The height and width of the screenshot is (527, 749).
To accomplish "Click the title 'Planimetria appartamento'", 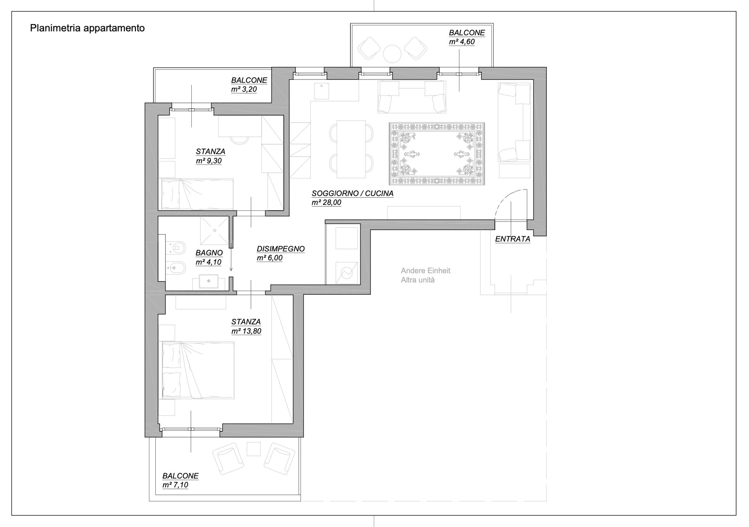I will [x=87, y=28].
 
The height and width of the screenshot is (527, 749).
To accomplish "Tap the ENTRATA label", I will [x=512, y=239].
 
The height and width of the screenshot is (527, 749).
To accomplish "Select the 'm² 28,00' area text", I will [x=326, y=203].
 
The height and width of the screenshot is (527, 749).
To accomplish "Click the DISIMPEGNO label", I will [x=281, y=249].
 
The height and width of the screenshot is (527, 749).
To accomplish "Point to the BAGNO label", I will [x=209, y=253].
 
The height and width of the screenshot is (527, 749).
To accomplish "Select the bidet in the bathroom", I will [x=176, y=267].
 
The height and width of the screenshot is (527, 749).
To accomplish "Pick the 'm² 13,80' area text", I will [x=246, y=331].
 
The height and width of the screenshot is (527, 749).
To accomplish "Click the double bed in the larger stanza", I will [x=198, y=370].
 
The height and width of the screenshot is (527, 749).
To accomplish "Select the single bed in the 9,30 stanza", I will [x=197, y=194].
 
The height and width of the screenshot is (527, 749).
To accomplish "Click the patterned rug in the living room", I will [x=437, y=154].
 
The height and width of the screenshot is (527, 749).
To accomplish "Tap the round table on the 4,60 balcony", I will [x=392, y=54].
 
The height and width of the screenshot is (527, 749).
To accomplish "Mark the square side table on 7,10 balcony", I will [x=254, y=449].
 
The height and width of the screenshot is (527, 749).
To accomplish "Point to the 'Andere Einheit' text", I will [x=425, y=270].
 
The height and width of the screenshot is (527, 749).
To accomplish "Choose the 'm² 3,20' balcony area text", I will [x=244, y=90].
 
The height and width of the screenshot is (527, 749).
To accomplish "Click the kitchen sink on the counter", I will [x=321, y=91].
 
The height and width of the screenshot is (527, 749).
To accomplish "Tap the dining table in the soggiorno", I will [x=351, y=149].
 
